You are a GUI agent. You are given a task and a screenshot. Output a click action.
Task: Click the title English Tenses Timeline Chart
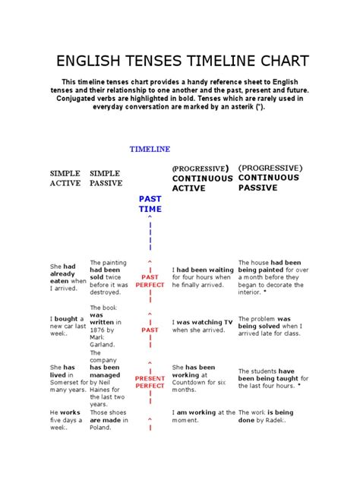click(179, 61)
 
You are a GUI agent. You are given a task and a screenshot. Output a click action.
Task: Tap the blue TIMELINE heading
click(150, 150)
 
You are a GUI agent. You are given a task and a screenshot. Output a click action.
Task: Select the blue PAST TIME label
click(150, 204)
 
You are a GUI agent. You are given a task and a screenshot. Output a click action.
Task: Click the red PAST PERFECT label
click(150, 281)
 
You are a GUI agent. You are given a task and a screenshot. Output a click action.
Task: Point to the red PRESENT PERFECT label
click(150, 382)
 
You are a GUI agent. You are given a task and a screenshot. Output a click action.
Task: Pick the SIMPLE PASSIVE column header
click(106, 178)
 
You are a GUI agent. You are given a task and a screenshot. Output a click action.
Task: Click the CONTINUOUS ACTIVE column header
click(201, 178)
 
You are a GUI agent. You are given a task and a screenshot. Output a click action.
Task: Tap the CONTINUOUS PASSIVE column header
click(270, 177)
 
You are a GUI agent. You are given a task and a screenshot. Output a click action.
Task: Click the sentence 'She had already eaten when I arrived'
click(68, 277)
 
